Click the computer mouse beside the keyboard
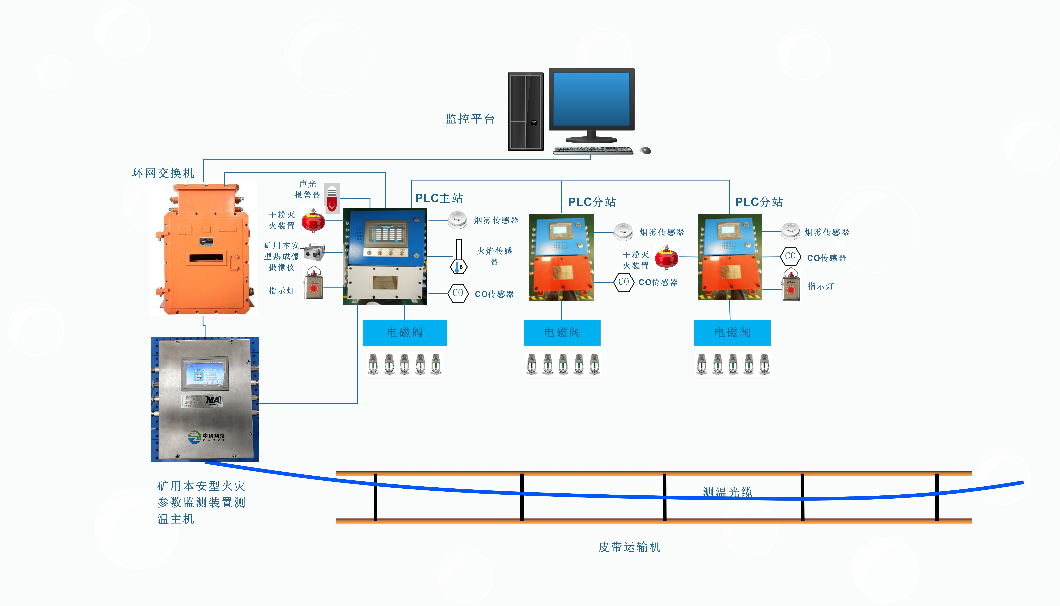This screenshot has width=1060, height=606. point(645,150)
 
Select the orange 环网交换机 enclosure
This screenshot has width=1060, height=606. point(204,250)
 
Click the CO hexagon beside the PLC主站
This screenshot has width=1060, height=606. point(458,293)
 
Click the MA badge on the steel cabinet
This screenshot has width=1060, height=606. point(213,400)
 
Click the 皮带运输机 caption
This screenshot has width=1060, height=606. point(629,547)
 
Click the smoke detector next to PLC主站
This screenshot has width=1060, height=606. point(457,220)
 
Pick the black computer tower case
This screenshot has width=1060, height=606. point(525,112)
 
